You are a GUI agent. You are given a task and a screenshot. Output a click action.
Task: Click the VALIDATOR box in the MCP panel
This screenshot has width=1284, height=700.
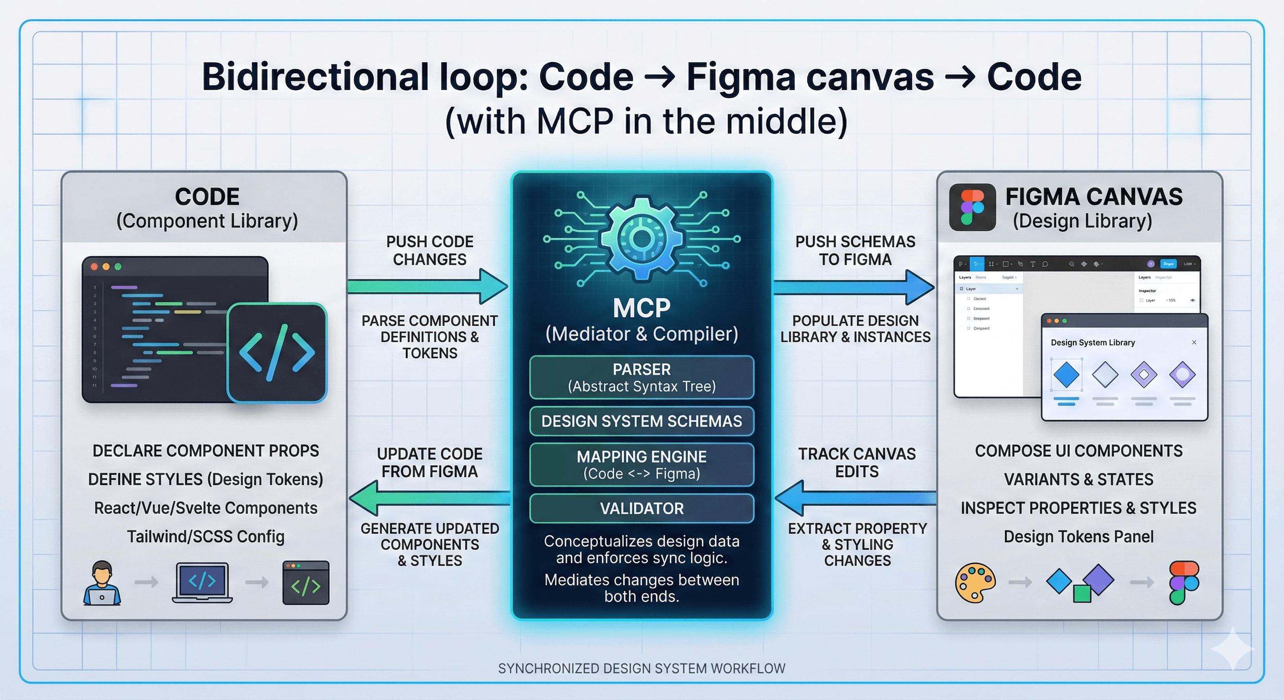[642, 508]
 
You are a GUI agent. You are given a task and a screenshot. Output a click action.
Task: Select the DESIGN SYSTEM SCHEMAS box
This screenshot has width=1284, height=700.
[642, 421]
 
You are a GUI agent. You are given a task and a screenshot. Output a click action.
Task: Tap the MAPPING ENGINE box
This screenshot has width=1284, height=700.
[642, 464]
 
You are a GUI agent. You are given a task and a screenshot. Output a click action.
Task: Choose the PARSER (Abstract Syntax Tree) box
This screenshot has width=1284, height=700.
[642, 377]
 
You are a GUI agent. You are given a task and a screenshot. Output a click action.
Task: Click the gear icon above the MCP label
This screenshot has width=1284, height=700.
[642, 238]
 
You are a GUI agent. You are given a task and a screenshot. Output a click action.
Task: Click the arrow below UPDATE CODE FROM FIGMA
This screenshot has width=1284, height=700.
[429, 498]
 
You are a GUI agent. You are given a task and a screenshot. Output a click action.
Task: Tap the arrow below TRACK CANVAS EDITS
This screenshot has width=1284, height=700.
[855, 498]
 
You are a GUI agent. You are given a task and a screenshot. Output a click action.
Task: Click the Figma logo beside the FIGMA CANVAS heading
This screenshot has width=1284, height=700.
[972, 207]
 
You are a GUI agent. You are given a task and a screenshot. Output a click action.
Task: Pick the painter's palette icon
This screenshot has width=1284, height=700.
[975, 582]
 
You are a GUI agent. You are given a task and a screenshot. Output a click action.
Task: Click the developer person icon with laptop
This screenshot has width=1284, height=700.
[102, 583]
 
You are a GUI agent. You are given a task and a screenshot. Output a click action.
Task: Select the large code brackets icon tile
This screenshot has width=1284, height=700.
[277, 352]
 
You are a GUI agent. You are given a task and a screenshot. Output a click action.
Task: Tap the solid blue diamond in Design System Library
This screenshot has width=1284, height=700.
[1066, 375]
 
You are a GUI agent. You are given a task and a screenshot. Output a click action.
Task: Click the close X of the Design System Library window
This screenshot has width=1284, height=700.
[1194, 342]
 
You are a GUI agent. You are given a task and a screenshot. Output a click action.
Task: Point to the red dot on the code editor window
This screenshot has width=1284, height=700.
[94, 267]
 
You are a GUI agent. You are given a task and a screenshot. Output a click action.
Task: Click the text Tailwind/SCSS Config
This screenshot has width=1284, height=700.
[205, 536]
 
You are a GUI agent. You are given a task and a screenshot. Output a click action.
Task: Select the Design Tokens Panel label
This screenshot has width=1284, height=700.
[1078, 536]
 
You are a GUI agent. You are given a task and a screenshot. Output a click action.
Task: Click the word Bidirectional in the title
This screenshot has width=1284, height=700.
[315, 77]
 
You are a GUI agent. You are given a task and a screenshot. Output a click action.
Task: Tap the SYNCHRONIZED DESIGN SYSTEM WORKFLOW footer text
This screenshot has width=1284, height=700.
[642, 668]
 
